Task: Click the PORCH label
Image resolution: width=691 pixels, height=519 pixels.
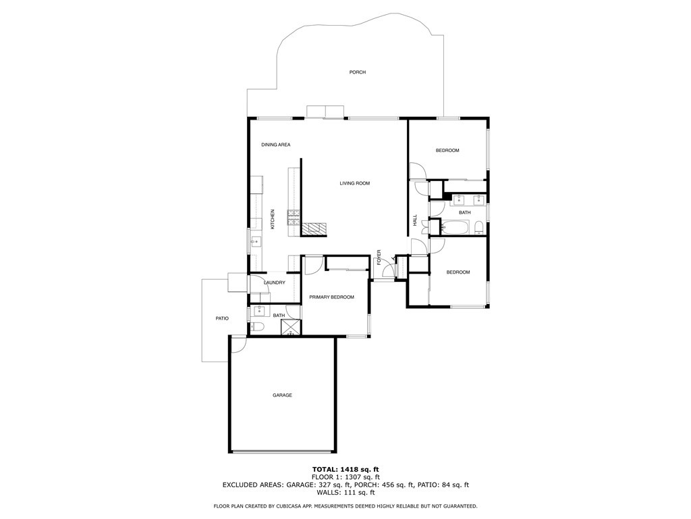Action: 358,72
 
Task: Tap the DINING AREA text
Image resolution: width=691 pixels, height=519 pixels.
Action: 276,145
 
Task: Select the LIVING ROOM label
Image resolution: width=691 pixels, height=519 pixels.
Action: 355,183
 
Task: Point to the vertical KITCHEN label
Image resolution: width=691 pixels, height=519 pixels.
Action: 273,219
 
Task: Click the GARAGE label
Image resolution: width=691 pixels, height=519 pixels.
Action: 282,395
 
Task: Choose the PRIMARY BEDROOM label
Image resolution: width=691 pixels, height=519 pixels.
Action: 331,297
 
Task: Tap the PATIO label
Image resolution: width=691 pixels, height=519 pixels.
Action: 222,318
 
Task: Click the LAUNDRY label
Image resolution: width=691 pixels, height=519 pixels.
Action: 275,282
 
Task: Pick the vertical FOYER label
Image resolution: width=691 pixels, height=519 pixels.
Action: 379,257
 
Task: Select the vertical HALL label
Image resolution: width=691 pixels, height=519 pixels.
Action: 415,221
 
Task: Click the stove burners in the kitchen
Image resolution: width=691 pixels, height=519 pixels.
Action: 294,217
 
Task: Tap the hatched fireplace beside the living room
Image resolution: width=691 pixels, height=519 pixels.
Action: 314,228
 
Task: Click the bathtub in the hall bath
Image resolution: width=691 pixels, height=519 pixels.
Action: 456,227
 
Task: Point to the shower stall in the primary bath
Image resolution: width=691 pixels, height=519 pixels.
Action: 290,327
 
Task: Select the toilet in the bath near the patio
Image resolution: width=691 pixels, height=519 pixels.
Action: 256,327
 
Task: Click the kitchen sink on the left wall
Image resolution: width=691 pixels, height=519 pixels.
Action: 256,242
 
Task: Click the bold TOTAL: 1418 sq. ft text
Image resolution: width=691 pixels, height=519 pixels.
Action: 345,469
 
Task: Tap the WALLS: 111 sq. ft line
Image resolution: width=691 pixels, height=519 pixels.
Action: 345,493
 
